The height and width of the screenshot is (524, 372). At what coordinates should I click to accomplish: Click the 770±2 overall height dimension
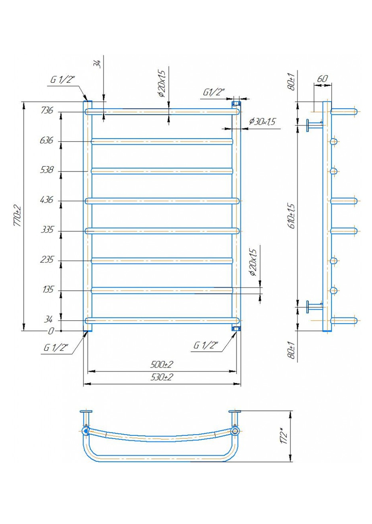pos(18,216)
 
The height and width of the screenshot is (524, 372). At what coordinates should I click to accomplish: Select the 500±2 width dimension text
pos(162,364)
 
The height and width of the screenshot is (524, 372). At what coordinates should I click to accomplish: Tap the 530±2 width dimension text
pos(162,377)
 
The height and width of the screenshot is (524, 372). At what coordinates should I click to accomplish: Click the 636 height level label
pos(47,140)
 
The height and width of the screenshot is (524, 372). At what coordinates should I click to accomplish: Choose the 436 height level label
pos(47,200)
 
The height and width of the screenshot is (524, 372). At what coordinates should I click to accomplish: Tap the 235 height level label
pos(47,260)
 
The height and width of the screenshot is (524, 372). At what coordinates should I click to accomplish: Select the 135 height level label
pos(48,290)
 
